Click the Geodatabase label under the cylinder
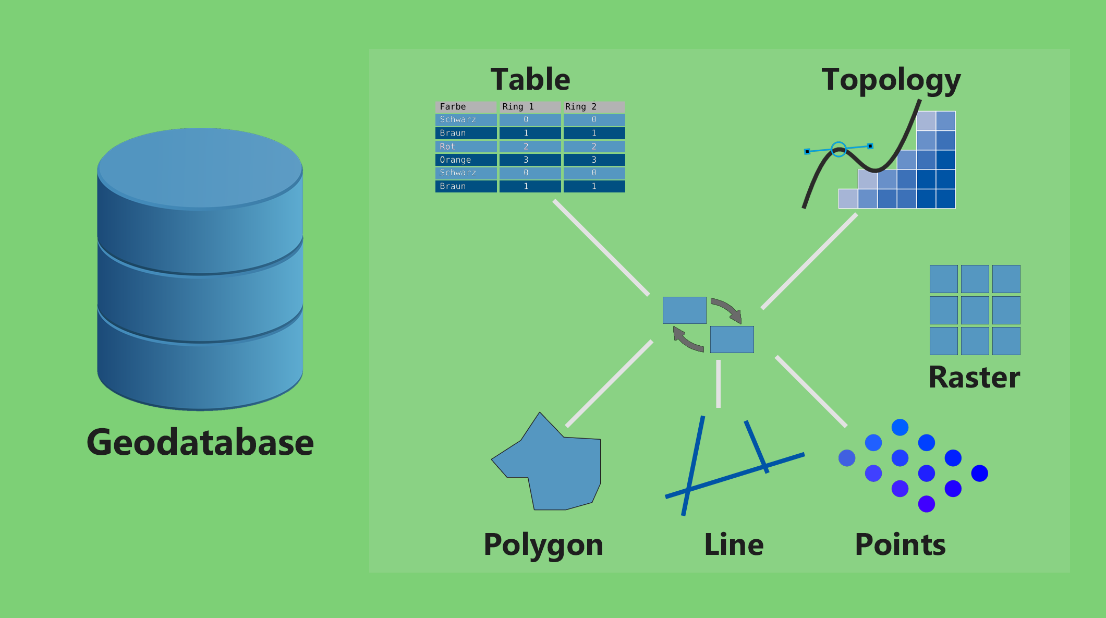click(x=200, y=442)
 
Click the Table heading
click(x=530, y=79)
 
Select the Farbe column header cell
click(x=466, y=106)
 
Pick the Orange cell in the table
click(x=466, y=160)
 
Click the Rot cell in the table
click(x=466, y=147)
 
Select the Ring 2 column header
click(x=594, y=106)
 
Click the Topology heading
click(x=891, y=80)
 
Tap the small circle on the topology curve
click(x=838, y=150)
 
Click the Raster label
click(x=974, y=377)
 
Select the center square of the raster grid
click(x=975, y=310)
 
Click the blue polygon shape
click(x=558, y=469)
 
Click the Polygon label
click(x=543, y=544)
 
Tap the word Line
click(x=734, y=544)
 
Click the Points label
click(x=900, y=544)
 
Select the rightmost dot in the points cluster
click(x=979, y=474)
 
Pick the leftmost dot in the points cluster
click(x=847, y=458)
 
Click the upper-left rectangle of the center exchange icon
click(x=684, y=310)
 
